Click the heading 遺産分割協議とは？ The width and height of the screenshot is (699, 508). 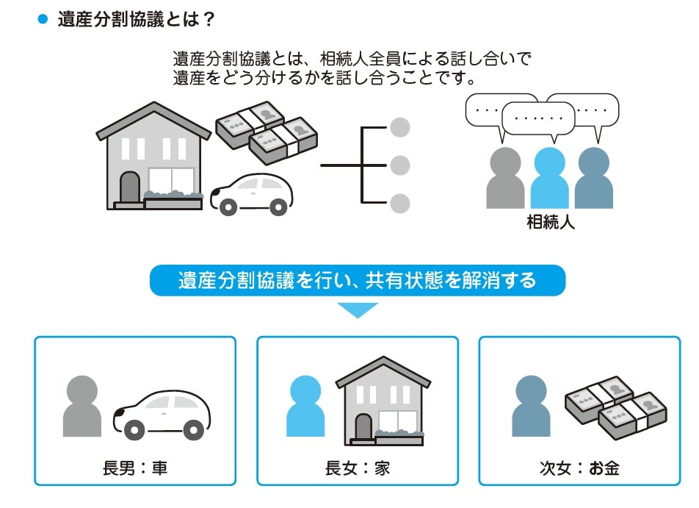136,19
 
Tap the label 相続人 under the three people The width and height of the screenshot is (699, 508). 551,222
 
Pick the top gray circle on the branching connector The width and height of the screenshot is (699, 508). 399,128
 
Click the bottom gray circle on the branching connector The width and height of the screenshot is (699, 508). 399,203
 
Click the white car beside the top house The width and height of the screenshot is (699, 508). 251,193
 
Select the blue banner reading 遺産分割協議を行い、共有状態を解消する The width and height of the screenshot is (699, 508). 358,281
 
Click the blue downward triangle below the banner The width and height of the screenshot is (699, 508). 358,310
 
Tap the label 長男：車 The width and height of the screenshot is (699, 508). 135,468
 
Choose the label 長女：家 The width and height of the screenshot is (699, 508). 358,468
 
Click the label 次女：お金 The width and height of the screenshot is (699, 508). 579,468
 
